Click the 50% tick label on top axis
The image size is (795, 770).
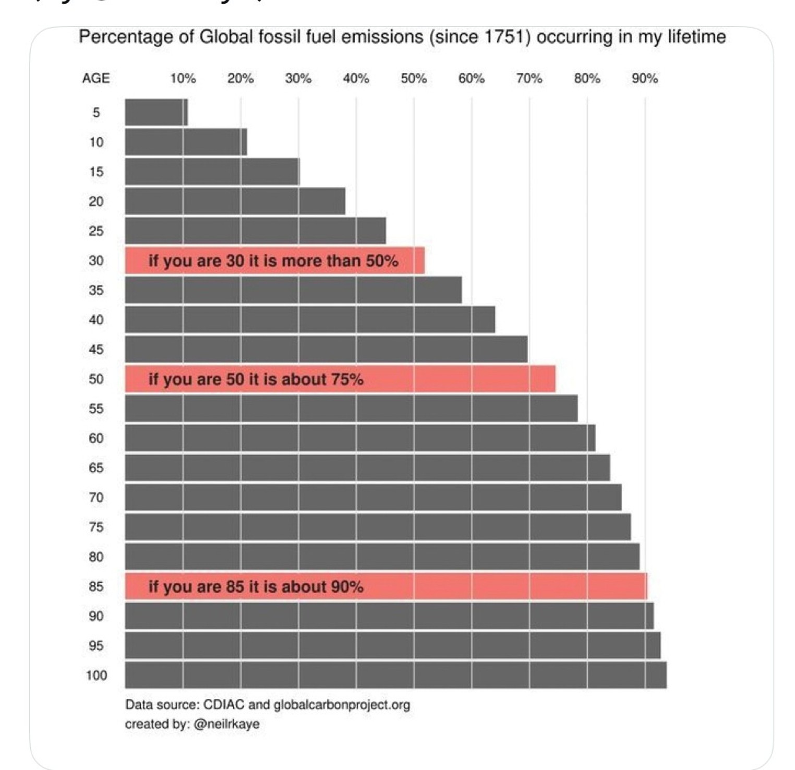[414, 79]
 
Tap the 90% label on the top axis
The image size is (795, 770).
[645, 79]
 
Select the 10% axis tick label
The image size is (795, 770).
[183, 79]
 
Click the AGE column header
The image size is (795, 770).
[96, 79]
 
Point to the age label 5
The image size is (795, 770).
[96, 113]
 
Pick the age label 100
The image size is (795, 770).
[97, 676]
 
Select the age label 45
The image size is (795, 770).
[96, 350]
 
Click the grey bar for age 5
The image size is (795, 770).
[156, 113]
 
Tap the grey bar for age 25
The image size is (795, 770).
[255, 231]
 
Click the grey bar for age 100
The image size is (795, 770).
[395, 676]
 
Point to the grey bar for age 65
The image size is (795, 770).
[367, 468]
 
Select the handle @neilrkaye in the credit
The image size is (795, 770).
[226, 724]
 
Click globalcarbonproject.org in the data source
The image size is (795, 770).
[342, 705]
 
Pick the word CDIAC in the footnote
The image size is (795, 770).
[223, 705]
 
